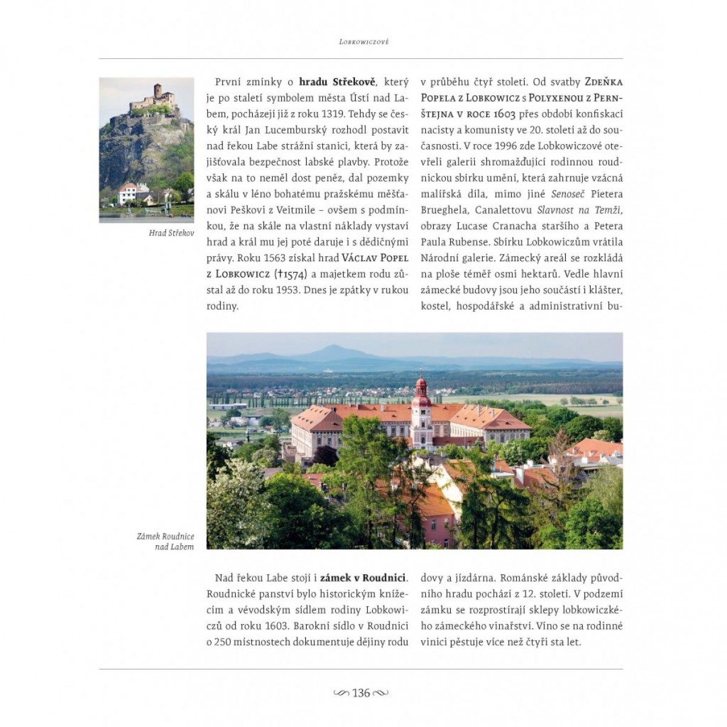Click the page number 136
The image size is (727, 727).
click(361, 693)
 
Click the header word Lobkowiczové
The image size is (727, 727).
click(364, 42)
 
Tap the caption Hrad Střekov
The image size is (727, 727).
click(171, 233)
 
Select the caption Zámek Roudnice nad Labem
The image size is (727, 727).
click(165, 542)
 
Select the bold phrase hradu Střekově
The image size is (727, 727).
click(337, 82)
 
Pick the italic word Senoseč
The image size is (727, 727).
click(568, 194)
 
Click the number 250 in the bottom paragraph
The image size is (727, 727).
click(223, 642)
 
